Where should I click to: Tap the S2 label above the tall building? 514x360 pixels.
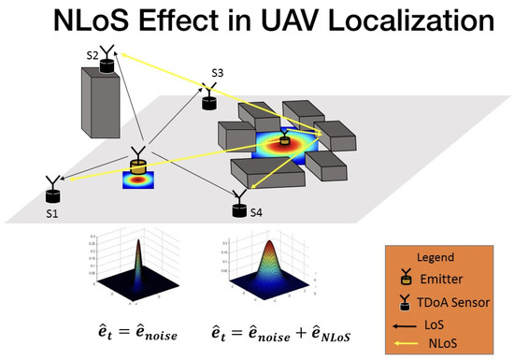click(x=92, y=56)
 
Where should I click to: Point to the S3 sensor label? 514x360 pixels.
click(x=218, y=73)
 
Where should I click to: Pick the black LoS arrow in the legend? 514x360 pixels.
click(x=407, y=324)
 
